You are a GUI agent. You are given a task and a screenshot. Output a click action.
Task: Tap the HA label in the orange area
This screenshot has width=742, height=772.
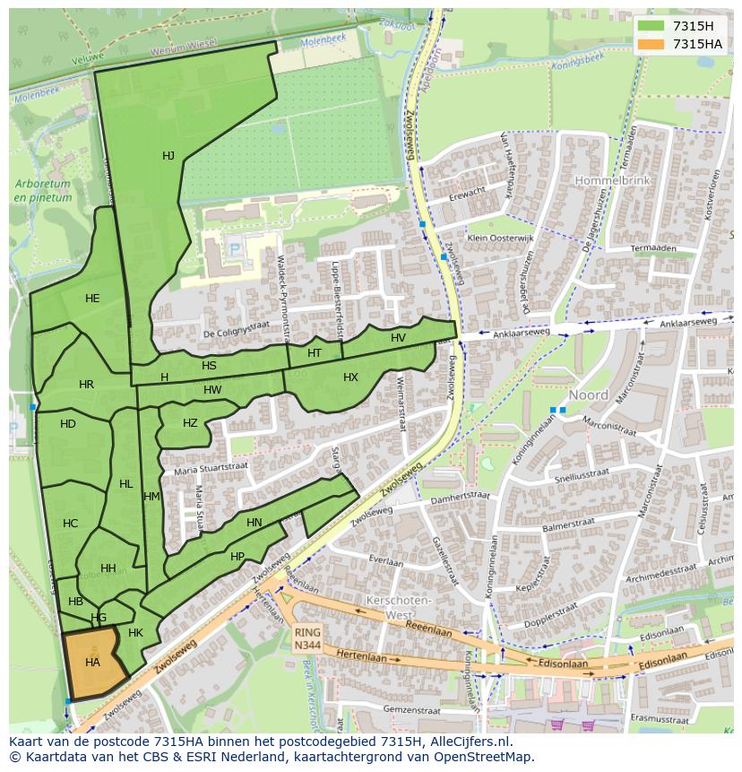coord(92,663)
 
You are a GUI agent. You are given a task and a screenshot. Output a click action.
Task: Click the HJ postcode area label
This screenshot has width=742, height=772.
coord(168,156)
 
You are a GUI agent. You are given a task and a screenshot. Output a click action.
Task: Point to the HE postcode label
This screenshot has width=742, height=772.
coord(92,299)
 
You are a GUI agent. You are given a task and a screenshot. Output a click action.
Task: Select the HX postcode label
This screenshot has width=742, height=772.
coord(350,377)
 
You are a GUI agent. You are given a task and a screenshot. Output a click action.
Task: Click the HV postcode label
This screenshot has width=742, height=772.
coord(398,338)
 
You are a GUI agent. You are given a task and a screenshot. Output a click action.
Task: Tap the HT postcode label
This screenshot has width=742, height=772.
coord(314,353)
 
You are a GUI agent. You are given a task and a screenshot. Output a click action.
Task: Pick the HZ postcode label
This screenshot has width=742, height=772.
coord(190,423)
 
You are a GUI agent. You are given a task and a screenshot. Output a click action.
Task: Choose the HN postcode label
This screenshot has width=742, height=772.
coord(255,523)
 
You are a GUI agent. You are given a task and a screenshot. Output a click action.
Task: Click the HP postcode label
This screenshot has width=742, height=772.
coord(237,557)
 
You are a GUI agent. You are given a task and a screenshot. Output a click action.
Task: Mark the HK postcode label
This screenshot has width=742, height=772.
coord(135,633)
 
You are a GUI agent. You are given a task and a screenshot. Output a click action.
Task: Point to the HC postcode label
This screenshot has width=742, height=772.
coord(70,524)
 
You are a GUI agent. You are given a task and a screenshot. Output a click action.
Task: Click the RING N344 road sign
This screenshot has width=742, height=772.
coord(306,638)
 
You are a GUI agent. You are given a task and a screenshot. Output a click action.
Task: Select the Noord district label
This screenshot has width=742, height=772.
coord(588,395)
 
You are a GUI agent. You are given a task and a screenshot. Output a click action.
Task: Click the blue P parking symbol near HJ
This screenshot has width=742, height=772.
coord(236,250)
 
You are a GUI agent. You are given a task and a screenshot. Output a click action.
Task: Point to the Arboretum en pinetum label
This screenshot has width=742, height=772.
coord(43,190)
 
